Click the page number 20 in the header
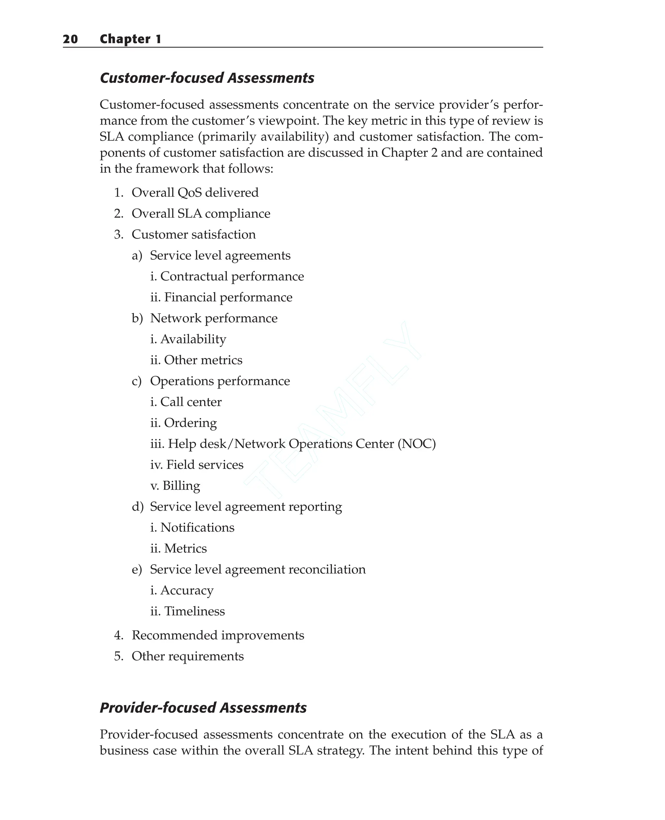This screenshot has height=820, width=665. pyautogui.click(x=70, y=39)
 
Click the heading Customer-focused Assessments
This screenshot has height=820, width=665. pyautogui.click(x=207, y=78)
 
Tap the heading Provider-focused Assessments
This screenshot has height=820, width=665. pyautogui.click(x=203, y=708)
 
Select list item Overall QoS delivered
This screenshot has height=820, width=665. pyautogui.click(x=194, y=193)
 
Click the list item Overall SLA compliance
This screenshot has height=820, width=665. pyautogui.click(x=200, y=214)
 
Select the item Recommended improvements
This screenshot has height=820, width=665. pyautogui.click(x=218, y=635)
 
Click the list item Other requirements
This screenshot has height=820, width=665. pyautogui.click(x=187, y=656)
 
